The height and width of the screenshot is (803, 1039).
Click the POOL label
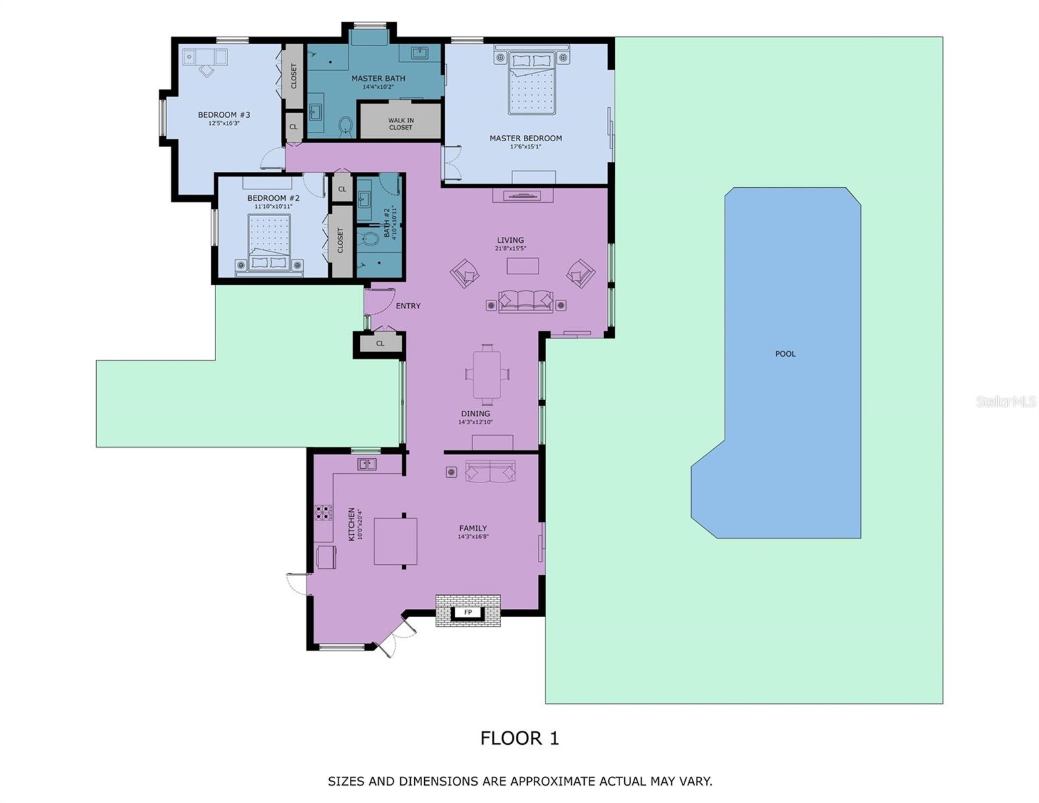coord(785,354)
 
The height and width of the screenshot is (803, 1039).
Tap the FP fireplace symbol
coord(468,612)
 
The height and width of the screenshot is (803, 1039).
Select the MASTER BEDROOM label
coord(525,139)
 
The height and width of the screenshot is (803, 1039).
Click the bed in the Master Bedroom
coord(533,82)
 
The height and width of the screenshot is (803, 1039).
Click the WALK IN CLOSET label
coord(401,124)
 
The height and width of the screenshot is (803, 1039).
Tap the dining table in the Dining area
coord(488,374)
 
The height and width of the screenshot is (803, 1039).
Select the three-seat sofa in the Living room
coord(526,302)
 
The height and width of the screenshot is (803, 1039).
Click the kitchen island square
coord(395,541)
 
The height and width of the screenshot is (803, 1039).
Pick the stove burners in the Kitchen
coord(323,513)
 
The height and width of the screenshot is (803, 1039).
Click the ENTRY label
coord(408,306)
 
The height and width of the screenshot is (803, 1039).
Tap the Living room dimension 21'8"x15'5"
coord(510,249)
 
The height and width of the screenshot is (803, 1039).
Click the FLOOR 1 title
coord(519,738)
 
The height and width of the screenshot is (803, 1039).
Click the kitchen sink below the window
coord(366,464)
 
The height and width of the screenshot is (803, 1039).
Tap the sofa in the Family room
coord(490,471)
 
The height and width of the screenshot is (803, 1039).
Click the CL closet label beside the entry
coord(380,343)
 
